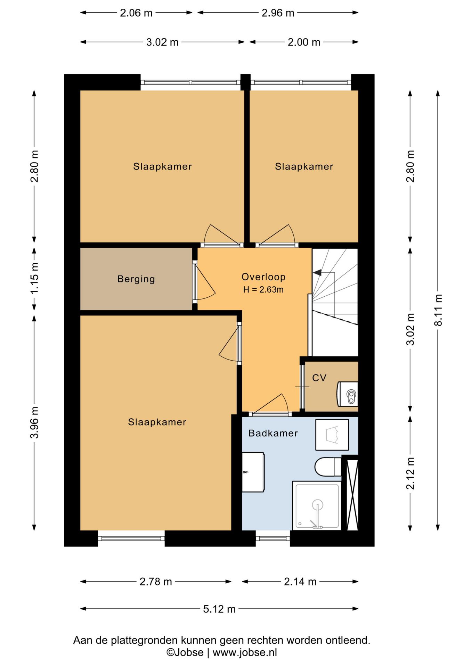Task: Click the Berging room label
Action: point(136,279)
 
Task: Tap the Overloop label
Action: point(263,277)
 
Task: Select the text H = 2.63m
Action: point(263,289)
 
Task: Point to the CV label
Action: point(319,378)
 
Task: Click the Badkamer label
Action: point(273,433)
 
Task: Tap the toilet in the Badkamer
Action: point(328,467)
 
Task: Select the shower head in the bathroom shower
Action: point(317,505)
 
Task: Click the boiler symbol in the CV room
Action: point(347,394)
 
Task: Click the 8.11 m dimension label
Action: point(438,310)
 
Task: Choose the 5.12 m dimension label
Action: point(219,609)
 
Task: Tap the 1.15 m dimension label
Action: point(34,278)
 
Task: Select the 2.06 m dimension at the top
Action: point(136,13)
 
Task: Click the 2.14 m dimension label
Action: point(300,582)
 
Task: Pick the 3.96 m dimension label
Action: point(34,422)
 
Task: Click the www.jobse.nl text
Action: point(245,652)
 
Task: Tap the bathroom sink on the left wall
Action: point(253,472)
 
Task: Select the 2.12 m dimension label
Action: point(410,474)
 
